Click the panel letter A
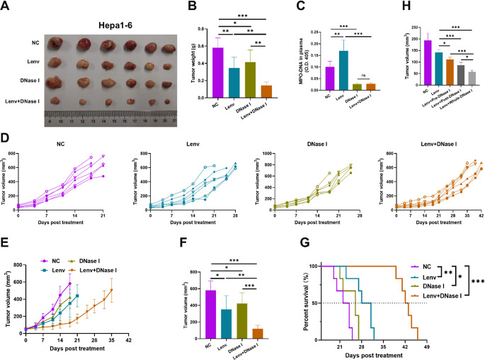pos(7,7)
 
